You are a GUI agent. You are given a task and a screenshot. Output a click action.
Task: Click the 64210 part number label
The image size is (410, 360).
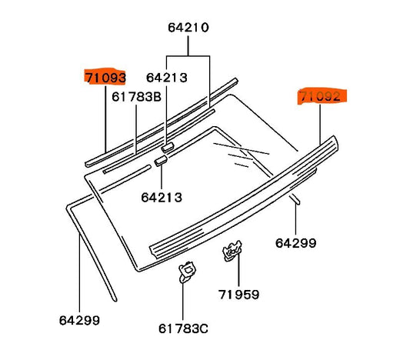coord(188,28)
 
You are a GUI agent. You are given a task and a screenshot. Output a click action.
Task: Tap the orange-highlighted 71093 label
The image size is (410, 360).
coord(105,78)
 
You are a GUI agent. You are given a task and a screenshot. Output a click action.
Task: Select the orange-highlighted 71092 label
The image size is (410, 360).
coord(322,96)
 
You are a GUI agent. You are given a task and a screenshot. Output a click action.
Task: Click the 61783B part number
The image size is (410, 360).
coord(136,97)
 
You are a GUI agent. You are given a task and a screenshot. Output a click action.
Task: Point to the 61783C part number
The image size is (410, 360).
coord(183,328)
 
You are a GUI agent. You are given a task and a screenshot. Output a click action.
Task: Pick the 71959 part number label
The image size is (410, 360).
coord(238,295)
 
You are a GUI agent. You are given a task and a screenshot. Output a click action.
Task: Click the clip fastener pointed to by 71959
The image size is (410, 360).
coord(232,251)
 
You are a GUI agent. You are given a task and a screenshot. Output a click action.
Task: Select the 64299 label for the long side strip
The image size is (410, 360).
coord(79,320)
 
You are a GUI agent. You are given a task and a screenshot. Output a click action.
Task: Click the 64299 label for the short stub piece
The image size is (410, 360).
coord(295,243)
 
